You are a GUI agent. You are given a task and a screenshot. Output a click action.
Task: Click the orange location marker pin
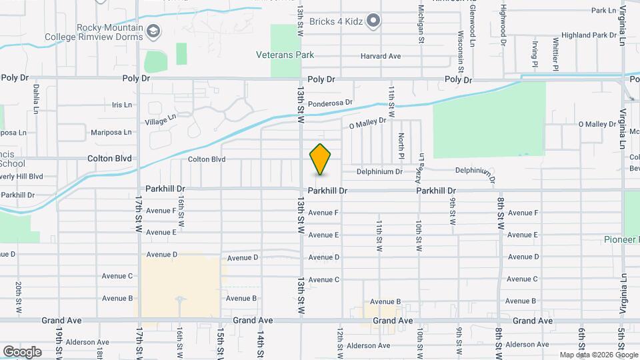[x=321, y=159]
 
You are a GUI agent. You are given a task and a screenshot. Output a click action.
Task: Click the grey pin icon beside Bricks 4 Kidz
[x=374, y=21]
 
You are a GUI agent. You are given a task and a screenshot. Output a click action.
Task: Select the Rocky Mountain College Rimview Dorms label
[x=109, y=32]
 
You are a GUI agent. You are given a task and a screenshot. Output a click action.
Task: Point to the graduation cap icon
[x=154, y=31]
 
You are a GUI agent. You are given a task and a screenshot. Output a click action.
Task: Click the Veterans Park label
[x=285, y=55]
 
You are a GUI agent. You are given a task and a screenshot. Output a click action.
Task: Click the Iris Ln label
[x=122, y=105]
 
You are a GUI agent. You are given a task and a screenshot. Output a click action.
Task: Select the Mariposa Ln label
[x=111, y=132]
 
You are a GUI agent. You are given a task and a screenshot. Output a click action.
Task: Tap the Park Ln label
[x=603, y=11]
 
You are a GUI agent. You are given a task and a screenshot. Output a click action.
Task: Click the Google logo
[x=22, y=351]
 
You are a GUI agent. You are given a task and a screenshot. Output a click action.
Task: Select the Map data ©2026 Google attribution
[x=598, y=355]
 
